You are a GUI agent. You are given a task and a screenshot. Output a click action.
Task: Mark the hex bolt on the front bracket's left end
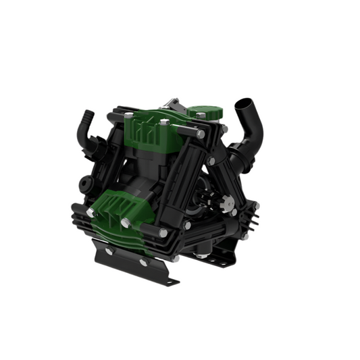coord(107,251)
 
